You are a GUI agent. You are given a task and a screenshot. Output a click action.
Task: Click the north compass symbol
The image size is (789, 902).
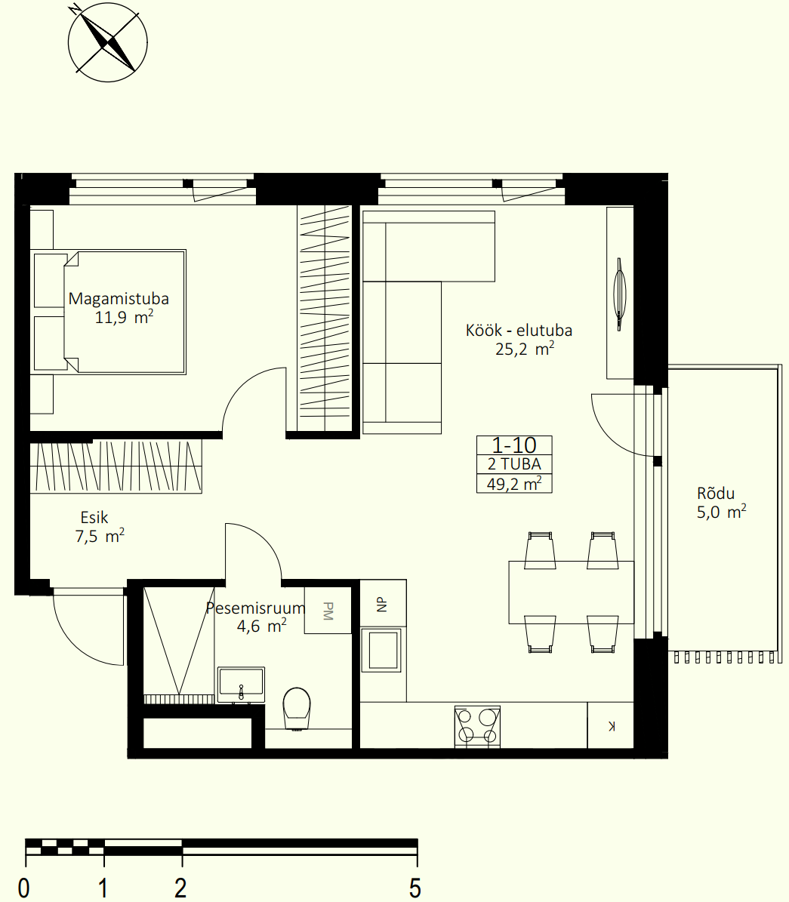coord(108,42)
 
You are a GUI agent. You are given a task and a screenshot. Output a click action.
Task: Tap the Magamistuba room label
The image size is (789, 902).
coord(119,299)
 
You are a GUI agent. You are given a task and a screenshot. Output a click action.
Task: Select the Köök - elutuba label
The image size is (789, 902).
coord(519,330)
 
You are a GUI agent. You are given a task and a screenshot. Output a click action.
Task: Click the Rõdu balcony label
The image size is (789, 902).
coord(715,493)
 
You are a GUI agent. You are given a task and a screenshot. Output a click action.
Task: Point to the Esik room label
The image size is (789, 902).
coord(94,518)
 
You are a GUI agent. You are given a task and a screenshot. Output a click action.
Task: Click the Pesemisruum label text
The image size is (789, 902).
coord(255,608)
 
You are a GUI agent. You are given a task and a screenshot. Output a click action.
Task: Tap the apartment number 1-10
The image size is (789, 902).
coord(514,445)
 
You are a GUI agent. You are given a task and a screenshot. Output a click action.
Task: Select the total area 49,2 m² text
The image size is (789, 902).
coord(514,483)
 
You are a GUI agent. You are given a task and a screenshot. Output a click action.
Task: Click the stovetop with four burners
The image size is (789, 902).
coord(477,727)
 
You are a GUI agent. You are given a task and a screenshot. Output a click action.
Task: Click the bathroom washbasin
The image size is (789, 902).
coord(241,685)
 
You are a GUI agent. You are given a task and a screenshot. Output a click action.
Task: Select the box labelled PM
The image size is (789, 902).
coord(328,611)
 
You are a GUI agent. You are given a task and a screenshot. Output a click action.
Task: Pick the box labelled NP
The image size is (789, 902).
coord(384,603)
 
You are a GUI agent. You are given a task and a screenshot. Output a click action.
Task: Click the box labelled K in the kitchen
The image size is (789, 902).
coord(611,725)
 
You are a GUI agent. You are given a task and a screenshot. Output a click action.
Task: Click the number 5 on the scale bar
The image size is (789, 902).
coord(415,888)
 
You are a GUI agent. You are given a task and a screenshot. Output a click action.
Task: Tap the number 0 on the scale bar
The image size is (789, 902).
coord(23,888)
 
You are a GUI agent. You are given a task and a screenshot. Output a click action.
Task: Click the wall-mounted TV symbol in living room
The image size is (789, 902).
coord(620,294)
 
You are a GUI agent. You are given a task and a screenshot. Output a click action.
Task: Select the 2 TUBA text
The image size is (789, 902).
coord(514,464)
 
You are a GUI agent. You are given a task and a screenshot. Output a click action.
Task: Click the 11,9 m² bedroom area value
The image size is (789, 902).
coord(124,317)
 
